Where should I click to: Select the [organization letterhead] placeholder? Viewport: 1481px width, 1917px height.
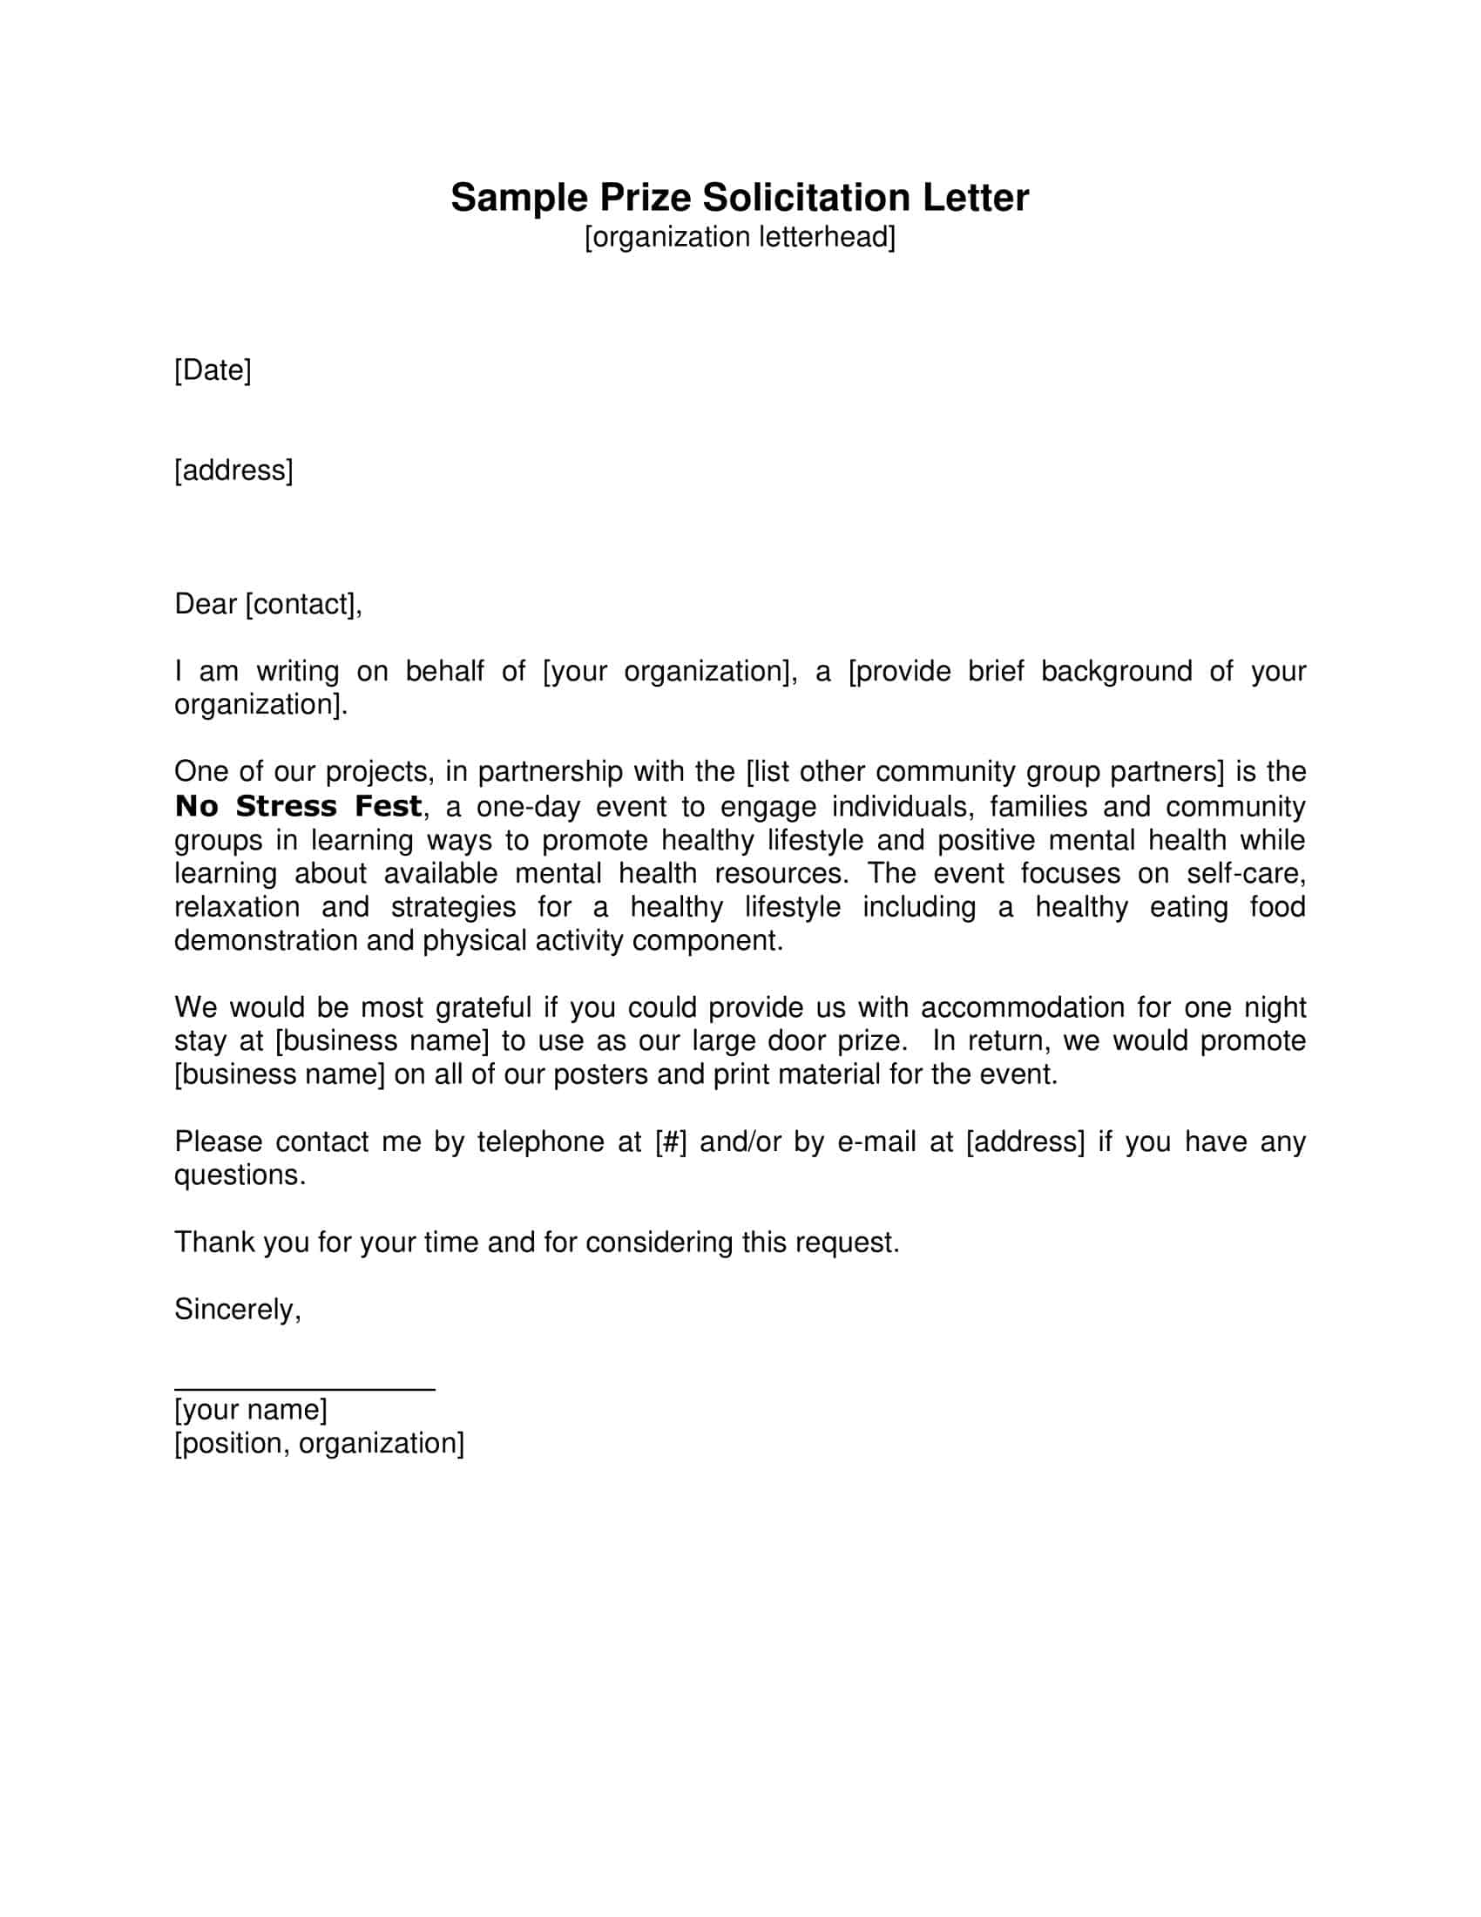tap(740, 238)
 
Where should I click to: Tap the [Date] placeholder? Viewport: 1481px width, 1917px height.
tap(213, 370)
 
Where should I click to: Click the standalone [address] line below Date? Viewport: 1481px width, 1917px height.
tap(233, 471)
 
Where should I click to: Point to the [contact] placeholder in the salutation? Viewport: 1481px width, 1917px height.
tap(301, 605)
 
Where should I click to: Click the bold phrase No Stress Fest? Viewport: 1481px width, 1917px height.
tap(298, 807)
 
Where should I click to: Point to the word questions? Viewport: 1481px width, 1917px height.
tap(240, 1175)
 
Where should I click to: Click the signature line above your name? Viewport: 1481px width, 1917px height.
tap(304, 1390)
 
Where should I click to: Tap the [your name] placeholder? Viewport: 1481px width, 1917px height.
tap(251, 1410)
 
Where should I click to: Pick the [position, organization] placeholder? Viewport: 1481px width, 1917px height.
tap(320, 1444)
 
